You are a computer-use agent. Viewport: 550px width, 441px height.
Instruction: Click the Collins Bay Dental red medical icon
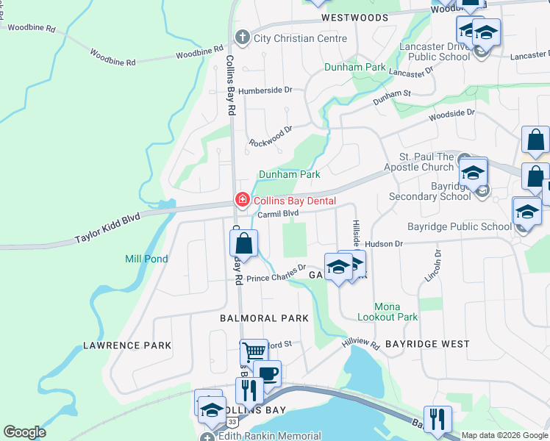click(x=241, y=200)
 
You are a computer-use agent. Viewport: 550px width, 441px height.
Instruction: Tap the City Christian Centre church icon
click(x=241, y=37)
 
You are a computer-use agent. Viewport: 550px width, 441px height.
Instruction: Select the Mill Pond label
click(x=146, y=259)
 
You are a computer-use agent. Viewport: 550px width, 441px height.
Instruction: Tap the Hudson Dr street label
click(x=384, y=243)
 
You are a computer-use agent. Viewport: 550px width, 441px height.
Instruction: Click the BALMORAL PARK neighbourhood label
click(x=264, y=318)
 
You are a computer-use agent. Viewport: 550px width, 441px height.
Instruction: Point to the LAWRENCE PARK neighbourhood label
click(x=127, y=345)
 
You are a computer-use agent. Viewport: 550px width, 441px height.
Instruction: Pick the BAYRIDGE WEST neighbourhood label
click(x=427, y=344)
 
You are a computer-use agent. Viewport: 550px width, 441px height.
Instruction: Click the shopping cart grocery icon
click(x=254, y=352)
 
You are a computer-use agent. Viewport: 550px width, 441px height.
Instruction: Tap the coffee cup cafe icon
click(x=268, y=373)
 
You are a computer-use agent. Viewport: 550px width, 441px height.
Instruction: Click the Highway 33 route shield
click(x=232, y=421)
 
